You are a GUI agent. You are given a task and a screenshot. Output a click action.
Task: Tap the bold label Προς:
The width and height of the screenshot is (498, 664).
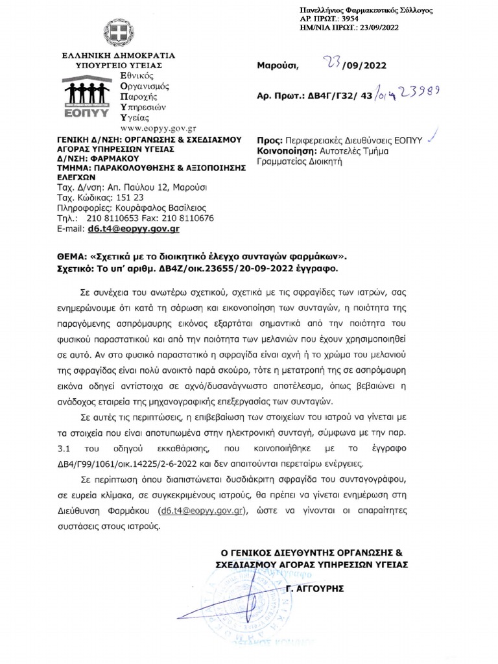pyautogui.click(x=269, y=139)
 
